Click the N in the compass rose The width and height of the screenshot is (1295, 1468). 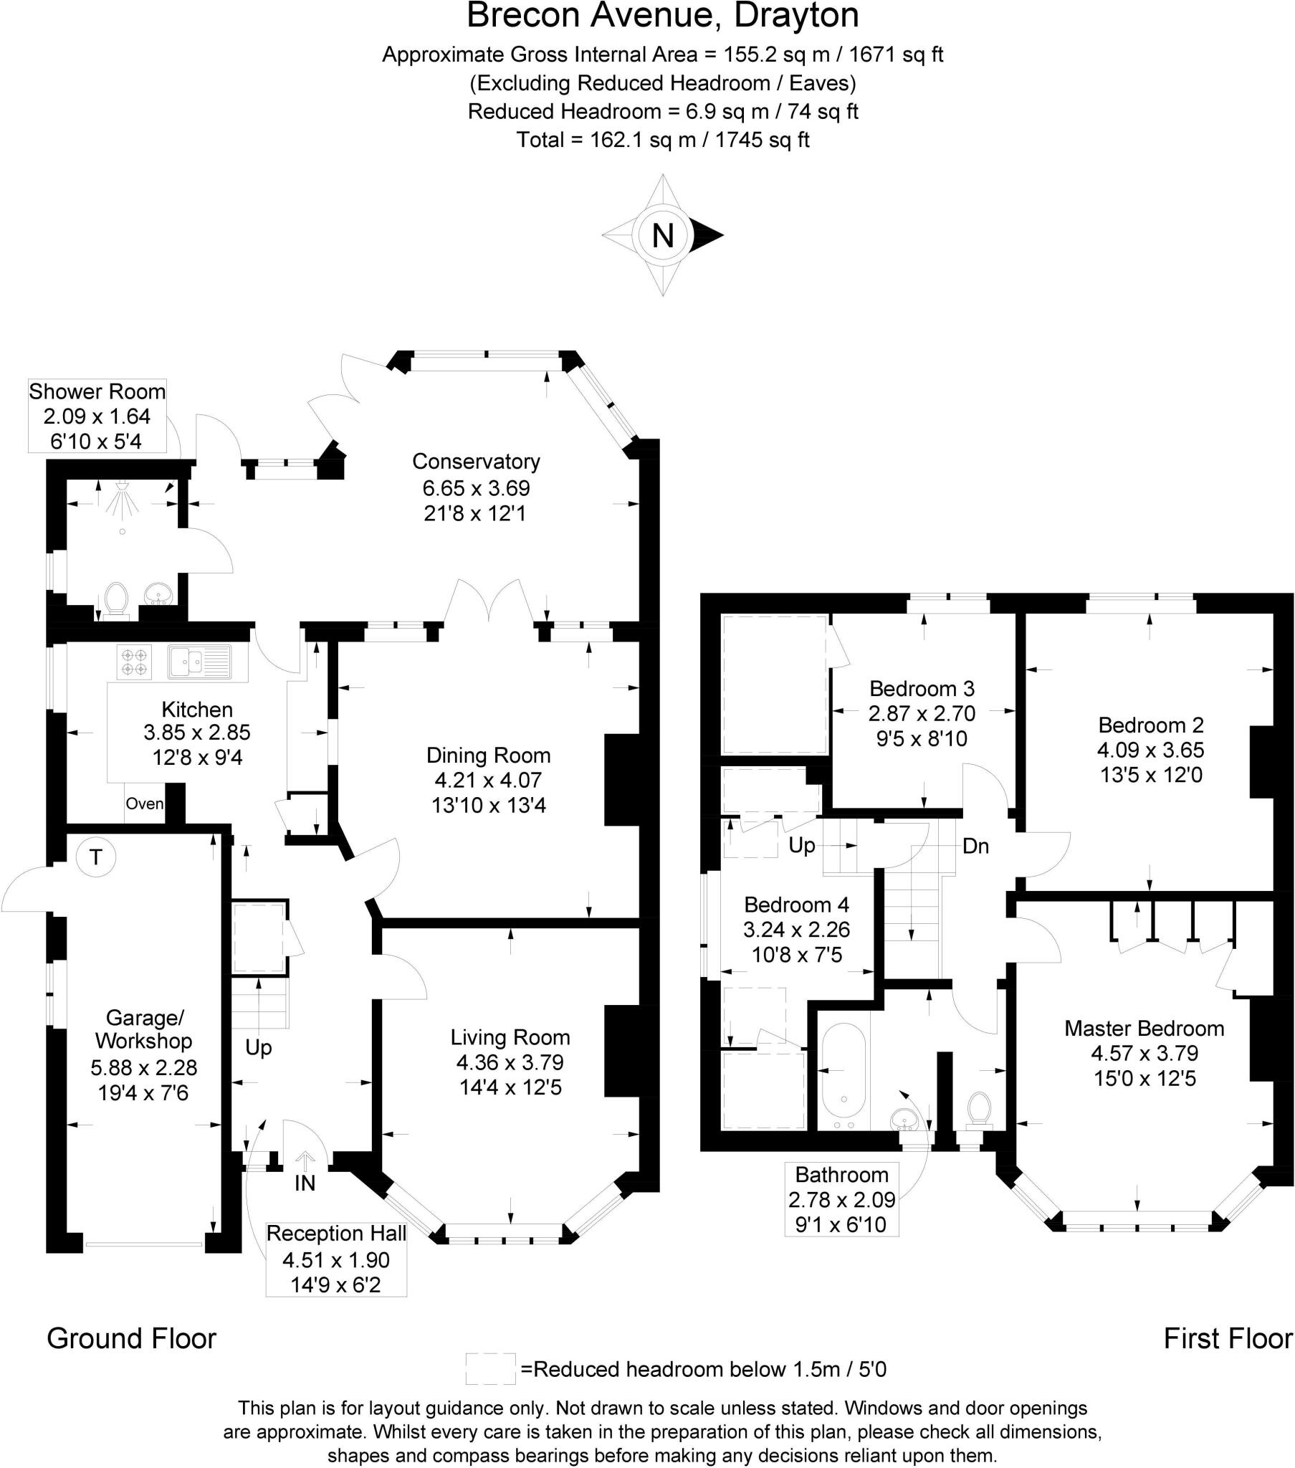coord(662,235)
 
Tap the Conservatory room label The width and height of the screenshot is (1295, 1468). coord(475,462)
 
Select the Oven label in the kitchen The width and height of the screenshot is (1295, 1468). coord(144,804)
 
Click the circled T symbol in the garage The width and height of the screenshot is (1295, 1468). coord(95,857)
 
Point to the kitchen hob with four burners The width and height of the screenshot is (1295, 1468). coord(134,662)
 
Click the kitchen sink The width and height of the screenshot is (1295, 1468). coord(200,662)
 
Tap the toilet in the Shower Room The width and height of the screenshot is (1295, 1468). coord(115,601)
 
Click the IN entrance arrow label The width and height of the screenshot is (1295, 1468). coord(305,1183)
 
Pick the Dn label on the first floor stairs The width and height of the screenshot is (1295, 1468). coord(975,846)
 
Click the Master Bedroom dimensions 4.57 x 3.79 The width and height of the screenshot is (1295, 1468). coord(1145,1054)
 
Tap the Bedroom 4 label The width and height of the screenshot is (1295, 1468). coord(796,904)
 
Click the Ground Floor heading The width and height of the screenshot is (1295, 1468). coord(131,1339)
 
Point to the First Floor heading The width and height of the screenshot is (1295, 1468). coord(1228,1339)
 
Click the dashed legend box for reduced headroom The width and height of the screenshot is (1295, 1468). coord(491,1369)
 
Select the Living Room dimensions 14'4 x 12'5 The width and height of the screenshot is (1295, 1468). coord(510,1087)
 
